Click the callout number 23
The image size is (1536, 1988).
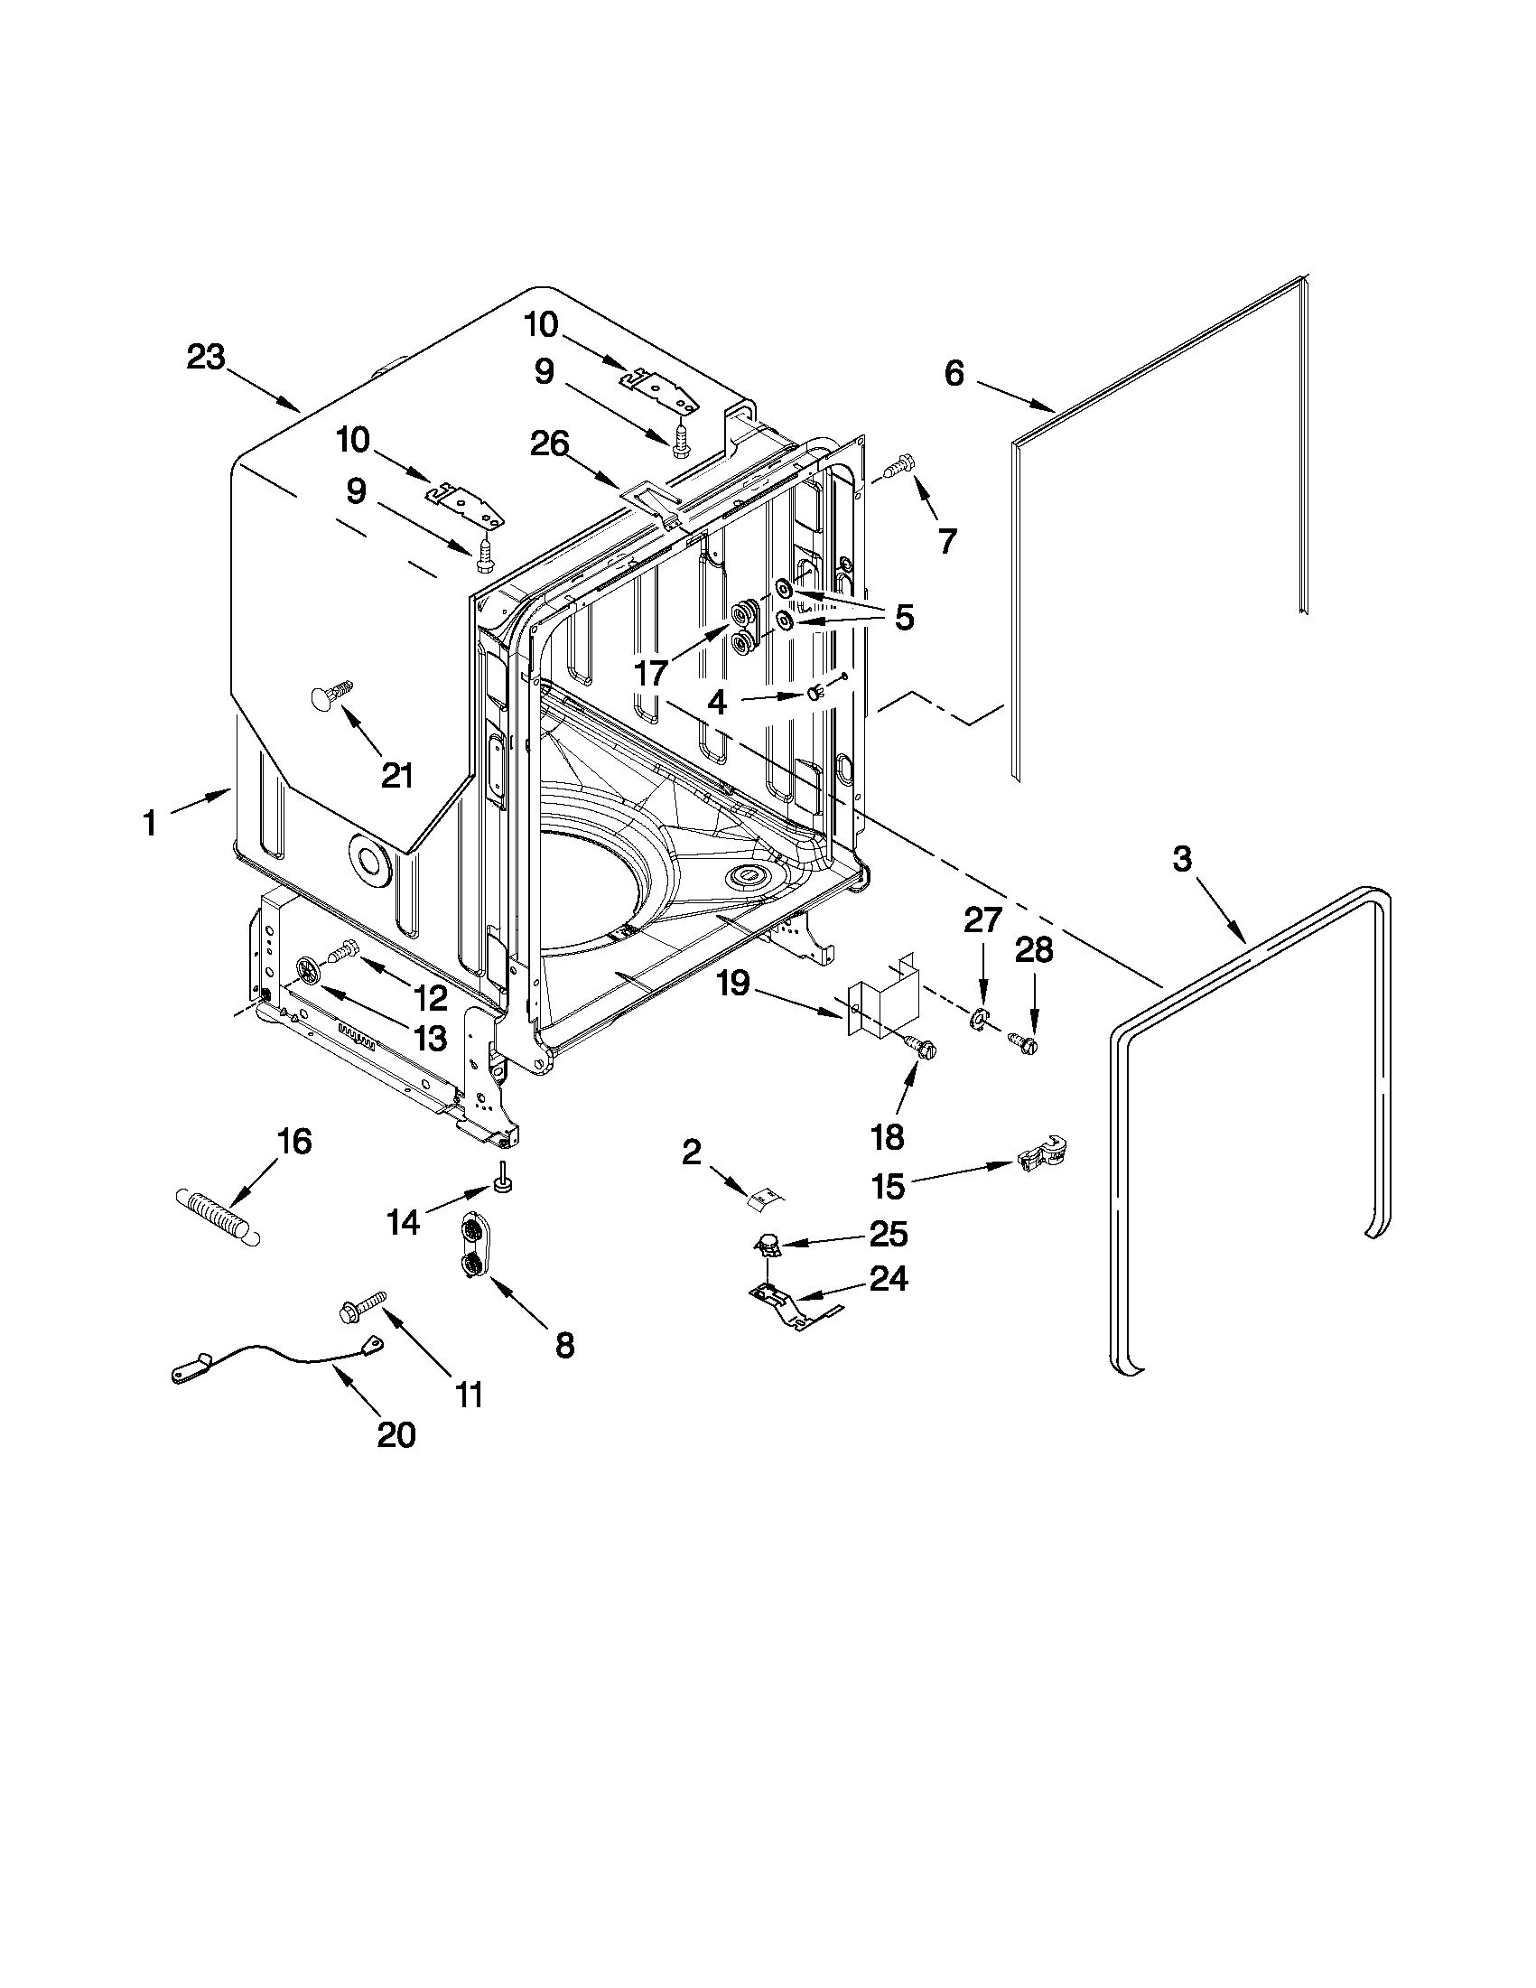205,358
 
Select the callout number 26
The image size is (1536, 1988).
550,444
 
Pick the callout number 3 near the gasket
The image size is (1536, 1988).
1181,858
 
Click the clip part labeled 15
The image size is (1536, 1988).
1043,1155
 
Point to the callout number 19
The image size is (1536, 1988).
731,982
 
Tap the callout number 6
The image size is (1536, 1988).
953,373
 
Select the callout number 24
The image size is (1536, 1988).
889,1279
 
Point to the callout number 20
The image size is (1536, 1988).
395,1435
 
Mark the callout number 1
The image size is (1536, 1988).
149,824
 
